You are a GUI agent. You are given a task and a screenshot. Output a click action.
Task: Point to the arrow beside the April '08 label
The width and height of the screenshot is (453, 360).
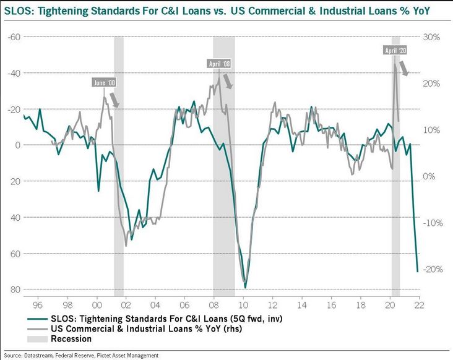point(228,81)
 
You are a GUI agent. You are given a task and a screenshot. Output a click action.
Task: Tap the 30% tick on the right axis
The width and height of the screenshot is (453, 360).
point(432,37)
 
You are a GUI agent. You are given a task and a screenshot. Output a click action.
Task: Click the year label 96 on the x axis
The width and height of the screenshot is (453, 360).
point(37,306)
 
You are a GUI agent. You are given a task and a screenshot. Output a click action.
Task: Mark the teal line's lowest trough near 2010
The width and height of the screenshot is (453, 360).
point(246,288)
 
